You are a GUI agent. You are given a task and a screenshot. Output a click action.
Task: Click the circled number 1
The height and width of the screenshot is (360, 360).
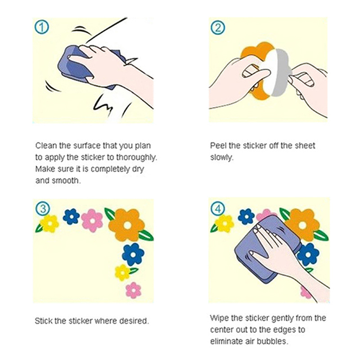pyautogui.click(x=41, y=27)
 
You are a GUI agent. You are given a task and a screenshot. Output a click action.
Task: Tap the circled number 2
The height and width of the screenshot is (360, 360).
pyautogui.click(x=218, y=27)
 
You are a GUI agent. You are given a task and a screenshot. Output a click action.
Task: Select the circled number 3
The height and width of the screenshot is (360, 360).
pyautogui.click(x=43, y=209)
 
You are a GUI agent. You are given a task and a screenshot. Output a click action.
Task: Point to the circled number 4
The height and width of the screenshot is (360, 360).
pyautogui.click(x=218, y=209)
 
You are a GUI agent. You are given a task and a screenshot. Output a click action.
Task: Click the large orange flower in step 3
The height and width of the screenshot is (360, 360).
pyautogui.click(x=126, y=225)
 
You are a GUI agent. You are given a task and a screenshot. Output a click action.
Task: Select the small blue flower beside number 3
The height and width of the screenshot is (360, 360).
pyautogui.click(x=72, y=216)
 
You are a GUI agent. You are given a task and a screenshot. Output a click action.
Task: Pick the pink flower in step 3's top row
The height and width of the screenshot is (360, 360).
pyautogui.click(x=92, y=220)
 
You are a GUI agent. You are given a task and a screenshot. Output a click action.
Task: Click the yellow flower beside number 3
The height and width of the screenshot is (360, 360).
pyautogui.click(x=49, y=224)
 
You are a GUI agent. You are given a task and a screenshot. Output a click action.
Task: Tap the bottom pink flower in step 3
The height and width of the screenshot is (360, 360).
pyautogui.click(x=133, y=290)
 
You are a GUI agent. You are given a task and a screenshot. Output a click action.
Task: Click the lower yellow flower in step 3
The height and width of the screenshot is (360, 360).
pyautogui.click(x=122, y=273)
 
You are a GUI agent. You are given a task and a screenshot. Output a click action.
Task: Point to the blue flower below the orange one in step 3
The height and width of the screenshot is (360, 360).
pyautogui.click(x=133, y=254)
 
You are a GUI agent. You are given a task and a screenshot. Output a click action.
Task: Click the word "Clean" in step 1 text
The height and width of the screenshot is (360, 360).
pyautogui.click(x=46, y=145)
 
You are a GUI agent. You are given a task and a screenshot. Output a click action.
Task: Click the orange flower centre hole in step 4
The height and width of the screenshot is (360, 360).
pyautogui.click(x=303, y=226)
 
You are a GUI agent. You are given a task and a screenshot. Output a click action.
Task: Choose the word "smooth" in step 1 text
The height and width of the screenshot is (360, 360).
pyautogui.click(x=65, y=181)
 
